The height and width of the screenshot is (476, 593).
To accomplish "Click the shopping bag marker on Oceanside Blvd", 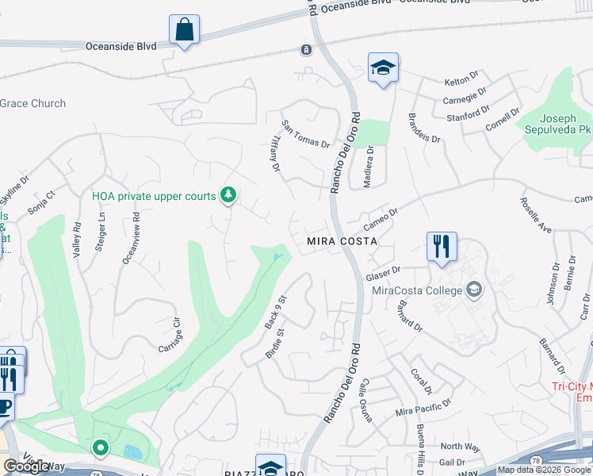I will pos(184,31).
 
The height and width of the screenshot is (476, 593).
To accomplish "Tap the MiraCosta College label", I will pos(417,290).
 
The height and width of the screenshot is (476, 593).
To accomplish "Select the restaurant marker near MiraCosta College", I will pos(441,246).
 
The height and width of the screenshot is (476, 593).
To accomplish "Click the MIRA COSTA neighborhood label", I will pos(342,240).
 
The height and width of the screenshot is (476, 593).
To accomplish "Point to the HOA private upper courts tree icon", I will pos(228,194).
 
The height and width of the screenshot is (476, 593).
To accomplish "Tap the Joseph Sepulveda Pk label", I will pos(554,123).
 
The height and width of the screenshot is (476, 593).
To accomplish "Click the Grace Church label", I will pos(33,103).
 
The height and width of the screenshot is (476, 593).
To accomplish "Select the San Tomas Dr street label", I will pos(305,134).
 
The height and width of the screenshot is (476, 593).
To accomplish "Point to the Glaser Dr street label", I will pos(384,274).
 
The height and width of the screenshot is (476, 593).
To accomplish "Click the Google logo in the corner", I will pos(27,466).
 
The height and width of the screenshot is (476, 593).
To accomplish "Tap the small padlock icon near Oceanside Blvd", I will pos(305,50).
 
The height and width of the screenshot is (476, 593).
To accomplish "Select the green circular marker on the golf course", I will pos(101,449).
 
